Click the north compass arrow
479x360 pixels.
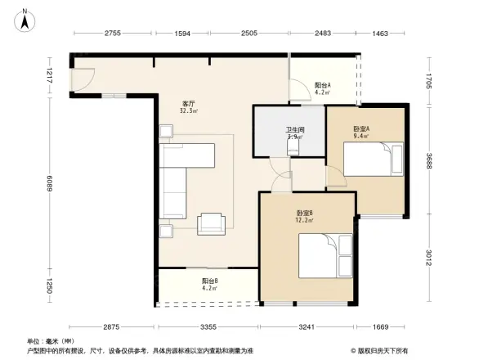pyautogui.click(x=25, y=18)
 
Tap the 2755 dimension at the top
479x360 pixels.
pyautogui.click(x=112, y=33)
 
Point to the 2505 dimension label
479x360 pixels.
pyautogui.click(x=248, y=33)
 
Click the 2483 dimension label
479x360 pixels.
pyautogui.click(x=323, y=33)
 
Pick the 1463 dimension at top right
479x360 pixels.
pyautogui.click(x=383, y=33)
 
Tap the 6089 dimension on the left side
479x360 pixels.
pyautogui.click(x=49, y=185)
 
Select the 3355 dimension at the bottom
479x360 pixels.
pyautogui.click(x=208, y=327)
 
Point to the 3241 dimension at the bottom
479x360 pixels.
pyautogui.click(x=307, y=327)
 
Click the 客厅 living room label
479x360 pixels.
pyautogui.click(x=188, y=104)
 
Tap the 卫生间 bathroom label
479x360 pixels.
pyautogui.click(x=294, y=130)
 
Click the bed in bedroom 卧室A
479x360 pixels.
pyautogui.click(x=373, y=159)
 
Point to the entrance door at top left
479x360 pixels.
pyautogui.click(x=83, y=79)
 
